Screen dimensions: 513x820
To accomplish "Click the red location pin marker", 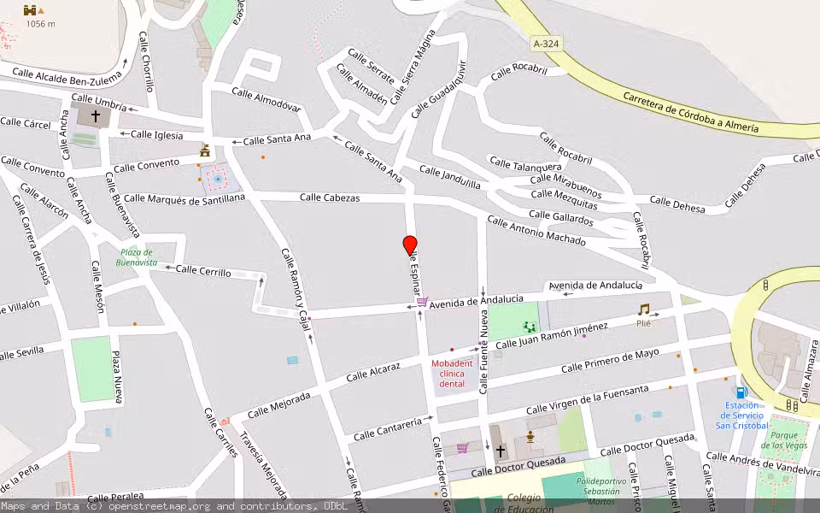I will click(410, 245).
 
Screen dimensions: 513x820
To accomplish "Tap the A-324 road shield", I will click(546, 43).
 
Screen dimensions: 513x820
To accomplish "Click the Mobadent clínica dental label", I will click(451, 374).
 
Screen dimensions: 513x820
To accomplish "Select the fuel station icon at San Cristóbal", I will click(741, 392).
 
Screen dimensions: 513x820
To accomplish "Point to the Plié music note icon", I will click(643, 310).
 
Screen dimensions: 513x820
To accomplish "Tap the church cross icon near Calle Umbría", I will click(96, 115).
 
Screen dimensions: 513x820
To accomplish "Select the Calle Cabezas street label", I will click(330, 198).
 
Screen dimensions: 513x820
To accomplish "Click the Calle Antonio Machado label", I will click(536, 231).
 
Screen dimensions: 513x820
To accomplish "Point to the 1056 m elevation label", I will click(40, 24).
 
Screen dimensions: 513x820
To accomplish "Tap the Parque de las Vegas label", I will click(784, 440).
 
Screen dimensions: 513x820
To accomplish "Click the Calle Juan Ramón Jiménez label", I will click(552, 335).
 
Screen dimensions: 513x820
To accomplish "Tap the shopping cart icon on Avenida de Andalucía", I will click(422, 302).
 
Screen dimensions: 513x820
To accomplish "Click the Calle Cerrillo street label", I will click(203, 271).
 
